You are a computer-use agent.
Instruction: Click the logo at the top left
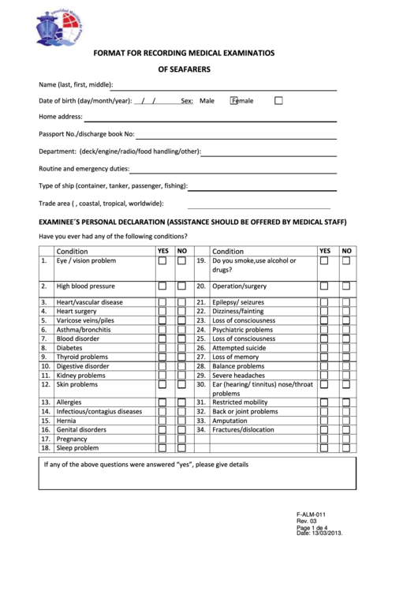click(x=59, y=28)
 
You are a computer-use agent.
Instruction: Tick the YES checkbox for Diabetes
click(x=162, y=348)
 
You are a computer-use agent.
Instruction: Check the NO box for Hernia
click(x=181, y=421)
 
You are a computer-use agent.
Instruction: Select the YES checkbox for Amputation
click(x=324, y=421)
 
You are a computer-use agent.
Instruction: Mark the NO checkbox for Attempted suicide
click(x=345, y=348)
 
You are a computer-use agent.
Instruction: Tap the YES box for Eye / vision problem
click(x=162, y=261)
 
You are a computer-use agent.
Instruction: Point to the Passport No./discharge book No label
click(x=87, y=134)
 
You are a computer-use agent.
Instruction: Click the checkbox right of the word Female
click(x=278, y=101)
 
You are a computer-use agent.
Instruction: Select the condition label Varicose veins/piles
click(x=85, y=320)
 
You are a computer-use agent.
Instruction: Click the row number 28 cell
click(x=201, y=366)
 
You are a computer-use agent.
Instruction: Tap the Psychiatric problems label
click(x=243, y=330)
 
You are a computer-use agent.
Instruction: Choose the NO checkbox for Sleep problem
click(x=181, y=448)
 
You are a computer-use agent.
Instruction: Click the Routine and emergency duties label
click(x=84, y=169)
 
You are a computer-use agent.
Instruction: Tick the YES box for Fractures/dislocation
click(x=324, y=430)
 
